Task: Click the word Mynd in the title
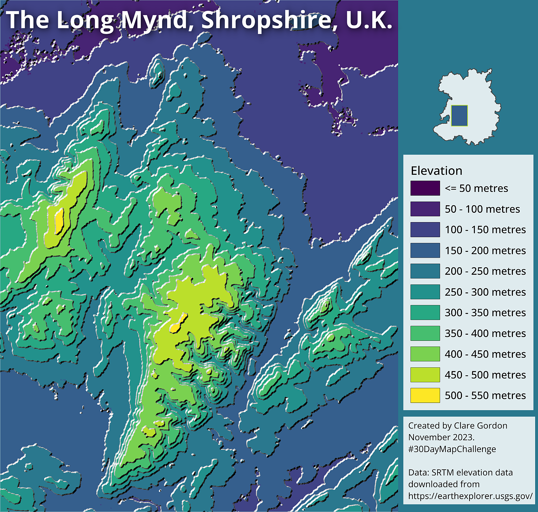(x=155, y=20)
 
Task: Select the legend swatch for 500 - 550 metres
(x=425, y=395)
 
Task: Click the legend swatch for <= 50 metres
(x=425, y=188)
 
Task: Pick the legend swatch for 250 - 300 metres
(x=425, y=292)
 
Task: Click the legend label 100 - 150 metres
(x=485, y=230)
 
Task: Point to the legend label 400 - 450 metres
(x=485, y=354)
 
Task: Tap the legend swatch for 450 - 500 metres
(x=425, y=375)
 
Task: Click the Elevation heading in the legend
(x=436, y=170)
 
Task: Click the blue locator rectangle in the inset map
(x=459, y=116)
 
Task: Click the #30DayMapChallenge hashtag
(x=452, y=449)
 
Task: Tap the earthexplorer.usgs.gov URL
(x=470, y=496)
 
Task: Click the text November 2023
(x=441, y=437)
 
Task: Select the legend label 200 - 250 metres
(x=485, y=271)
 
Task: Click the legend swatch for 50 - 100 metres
(x=425, y=209)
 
